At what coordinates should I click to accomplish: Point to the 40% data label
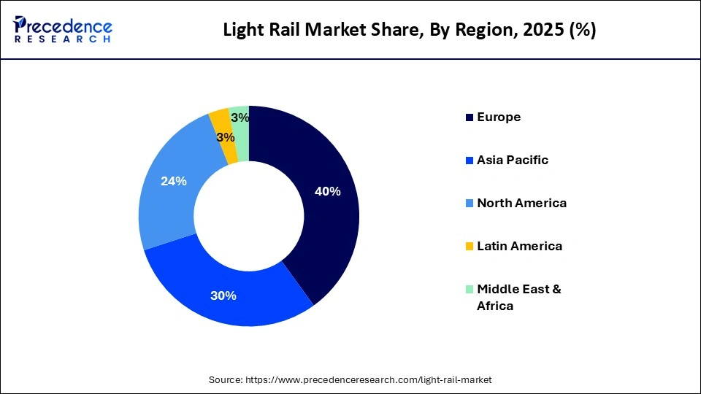tap(327, 191)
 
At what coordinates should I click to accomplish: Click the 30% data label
tap(223, 295)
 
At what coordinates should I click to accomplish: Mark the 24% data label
tap(174, 181)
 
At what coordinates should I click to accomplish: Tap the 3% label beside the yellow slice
tap(226, 137)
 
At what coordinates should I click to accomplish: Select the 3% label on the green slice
tap(240, 117)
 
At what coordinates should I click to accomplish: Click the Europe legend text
tap(499, 117)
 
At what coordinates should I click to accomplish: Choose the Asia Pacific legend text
tap(512, 160)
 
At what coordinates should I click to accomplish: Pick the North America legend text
tap(521, 203)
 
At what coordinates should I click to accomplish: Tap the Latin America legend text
tap(519, 246)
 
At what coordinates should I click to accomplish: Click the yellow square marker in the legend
tap(469, 247)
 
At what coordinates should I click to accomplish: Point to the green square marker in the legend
tap(469, 290)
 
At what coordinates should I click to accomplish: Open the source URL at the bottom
tap(350, 379)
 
